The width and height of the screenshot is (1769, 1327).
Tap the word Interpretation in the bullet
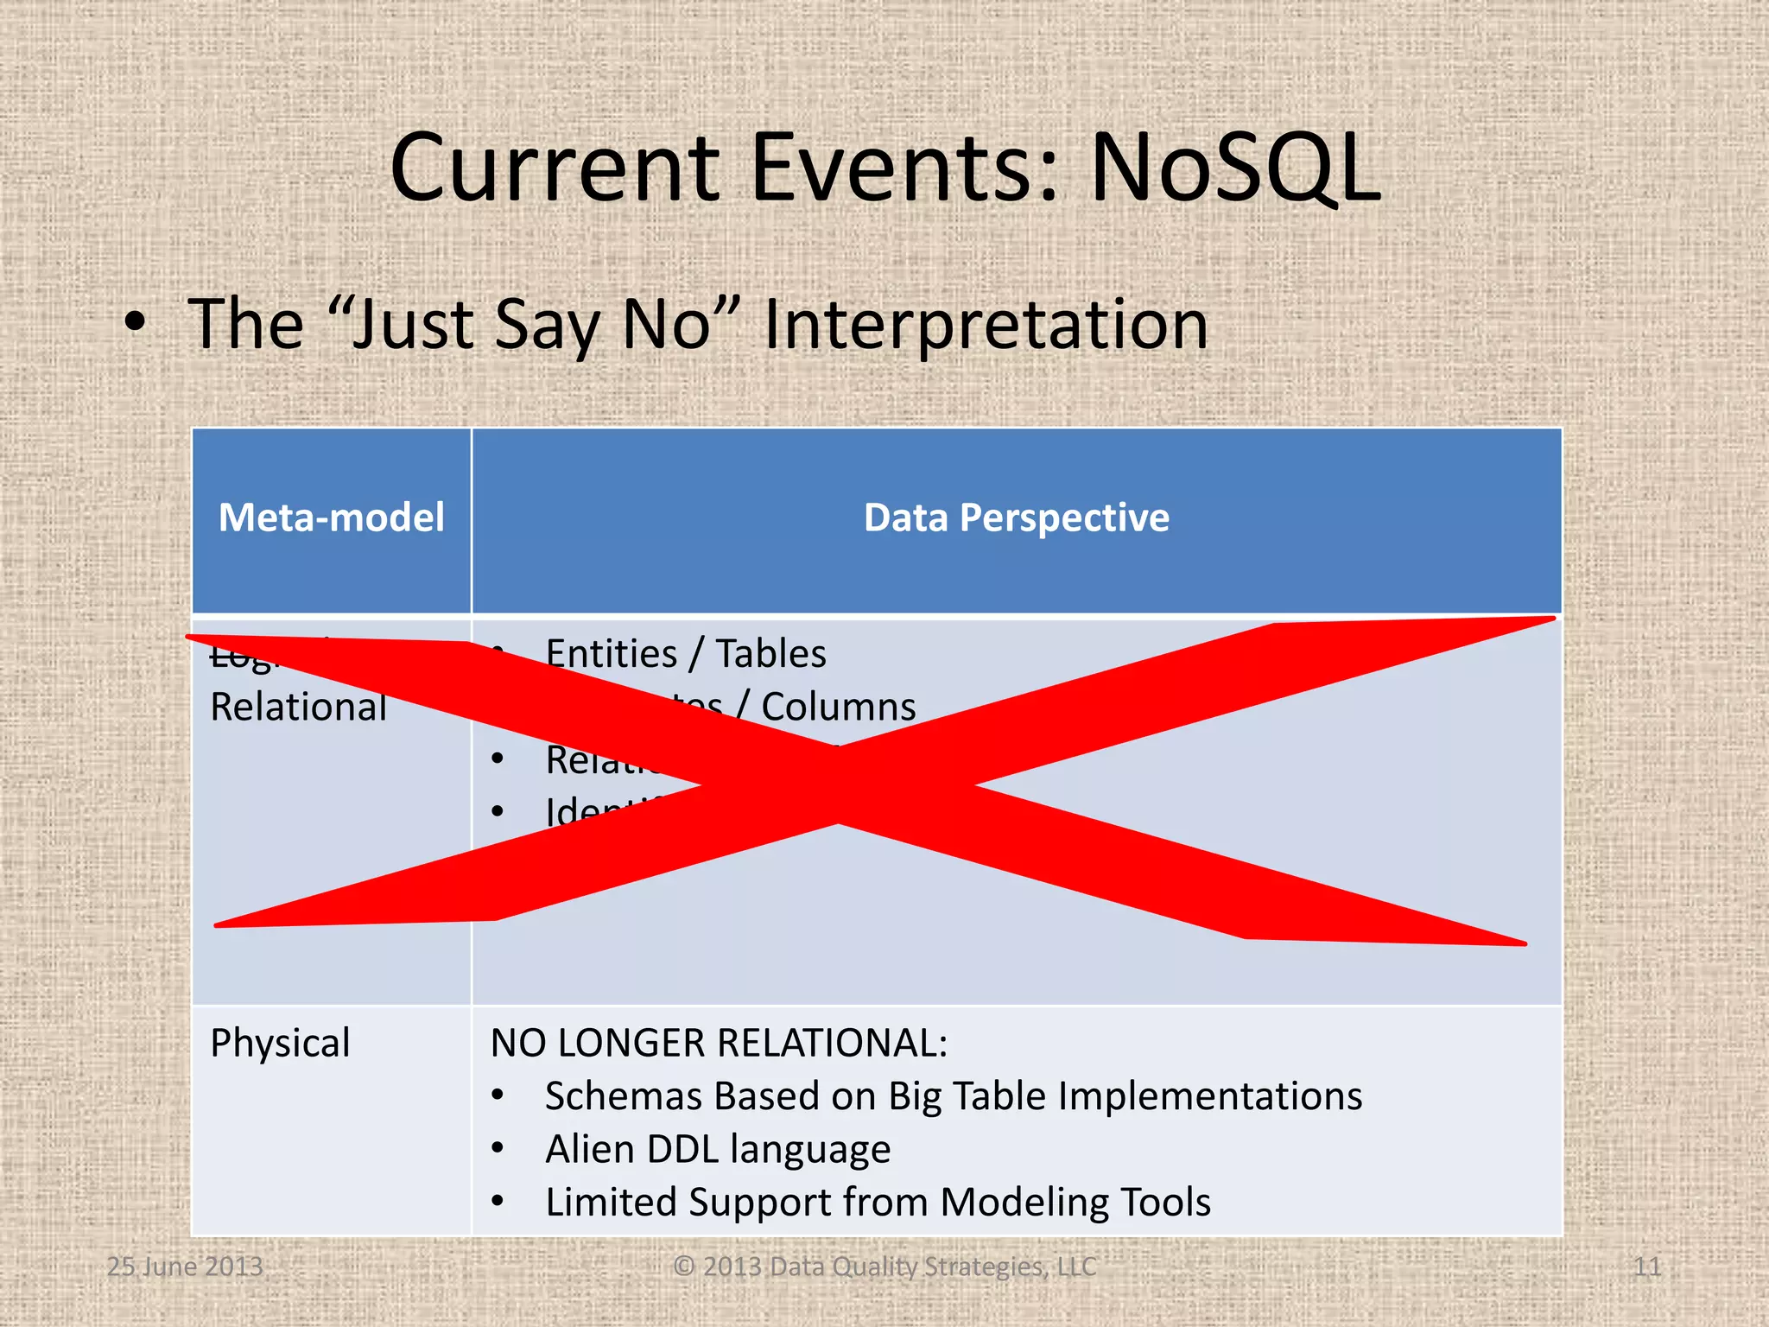[986, 325]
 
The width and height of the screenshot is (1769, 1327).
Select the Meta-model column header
[331, 518]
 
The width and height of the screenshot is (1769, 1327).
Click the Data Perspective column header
[1016, 518]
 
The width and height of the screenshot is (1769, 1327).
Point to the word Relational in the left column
[298, 708]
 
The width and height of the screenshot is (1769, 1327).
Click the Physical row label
[280, 1043]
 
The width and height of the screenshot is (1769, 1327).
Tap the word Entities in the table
[612, 654]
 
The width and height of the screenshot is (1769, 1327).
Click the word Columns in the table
[838, 708]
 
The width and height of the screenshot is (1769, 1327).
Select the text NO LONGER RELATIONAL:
[719, 1043]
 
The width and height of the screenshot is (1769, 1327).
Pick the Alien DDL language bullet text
[717, 1150]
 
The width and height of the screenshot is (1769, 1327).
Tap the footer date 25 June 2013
[185, 1267]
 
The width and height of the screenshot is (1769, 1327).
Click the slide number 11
[1646, 1267]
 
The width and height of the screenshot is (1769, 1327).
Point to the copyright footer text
[884, 1267]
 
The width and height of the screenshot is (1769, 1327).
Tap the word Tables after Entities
[770, 654]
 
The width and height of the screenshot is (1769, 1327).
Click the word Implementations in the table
[1209, 1096]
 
